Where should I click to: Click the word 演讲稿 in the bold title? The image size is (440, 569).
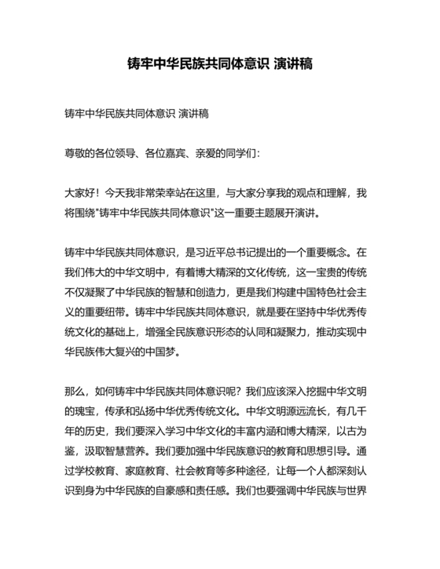(x=292, y=64)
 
